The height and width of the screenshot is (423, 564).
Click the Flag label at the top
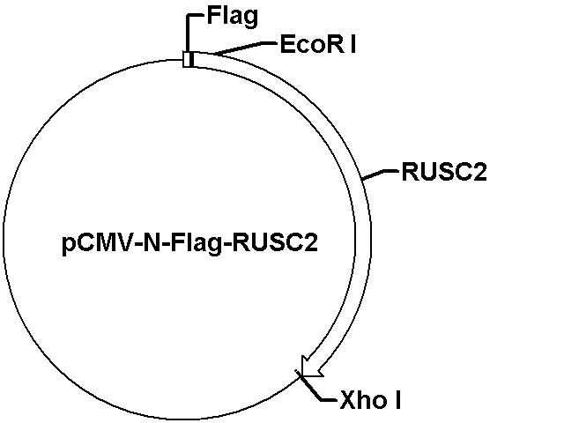233,17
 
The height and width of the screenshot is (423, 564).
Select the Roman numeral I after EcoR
352,45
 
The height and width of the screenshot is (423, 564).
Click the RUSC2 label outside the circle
444,172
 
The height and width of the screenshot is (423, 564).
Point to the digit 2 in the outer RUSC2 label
479,172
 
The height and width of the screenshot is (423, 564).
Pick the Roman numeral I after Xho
397,399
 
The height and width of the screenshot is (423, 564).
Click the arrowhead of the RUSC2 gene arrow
310,368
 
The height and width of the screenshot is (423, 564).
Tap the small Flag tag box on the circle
189,59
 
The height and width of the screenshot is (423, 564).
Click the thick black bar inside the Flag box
191,59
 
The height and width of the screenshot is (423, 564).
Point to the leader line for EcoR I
245,48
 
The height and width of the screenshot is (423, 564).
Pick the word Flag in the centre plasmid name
196,243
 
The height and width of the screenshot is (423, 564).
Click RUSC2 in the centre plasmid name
275,243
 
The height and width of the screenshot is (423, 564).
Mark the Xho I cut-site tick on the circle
299,374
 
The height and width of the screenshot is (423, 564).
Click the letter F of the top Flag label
213,16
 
